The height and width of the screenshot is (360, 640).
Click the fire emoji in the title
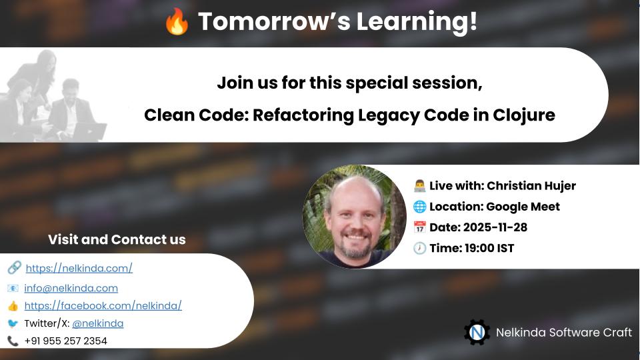177,23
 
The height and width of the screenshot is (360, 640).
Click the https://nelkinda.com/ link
79,268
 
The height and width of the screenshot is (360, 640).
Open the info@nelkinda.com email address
71,288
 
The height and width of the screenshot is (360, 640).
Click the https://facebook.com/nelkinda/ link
103,305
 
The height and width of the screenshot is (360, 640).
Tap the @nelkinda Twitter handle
97,323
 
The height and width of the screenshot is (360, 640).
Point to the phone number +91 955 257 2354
65,341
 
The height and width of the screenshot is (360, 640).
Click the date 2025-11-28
495,227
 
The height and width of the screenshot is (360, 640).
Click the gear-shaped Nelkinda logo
477,332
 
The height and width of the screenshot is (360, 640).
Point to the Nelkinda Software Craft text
563,332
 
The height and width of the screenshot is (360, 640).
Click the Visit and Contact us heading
117,239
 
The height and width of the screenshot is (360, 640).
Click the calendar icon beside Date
419,227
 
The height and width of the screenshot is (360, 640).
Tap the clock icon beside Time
419,249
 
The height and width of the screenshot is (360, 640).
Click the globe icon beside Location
419,207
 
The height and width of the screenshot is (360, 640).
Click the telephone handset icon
13,341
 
